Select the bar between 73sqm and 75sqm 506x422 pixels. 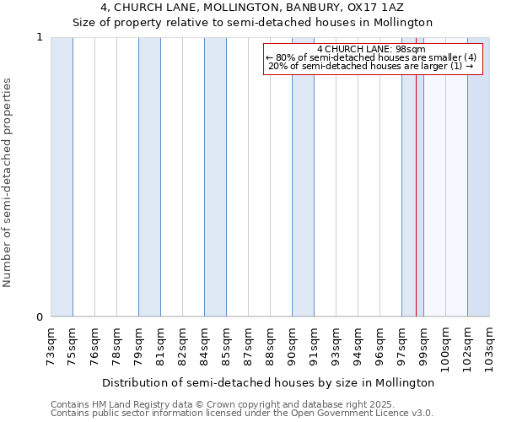[x=62, y=177]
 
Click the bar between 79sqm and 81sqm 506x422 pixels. [x=149, y=177]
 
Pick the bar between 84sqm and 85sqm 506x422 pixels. [x=215, y=177]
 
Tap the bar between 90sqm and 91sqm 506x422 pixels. [x=303, y=177]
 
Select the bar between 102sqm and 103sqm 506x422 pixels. [x=478, y=177]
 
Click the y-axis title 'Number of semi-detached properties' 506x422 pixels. [x=8, y=182]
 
